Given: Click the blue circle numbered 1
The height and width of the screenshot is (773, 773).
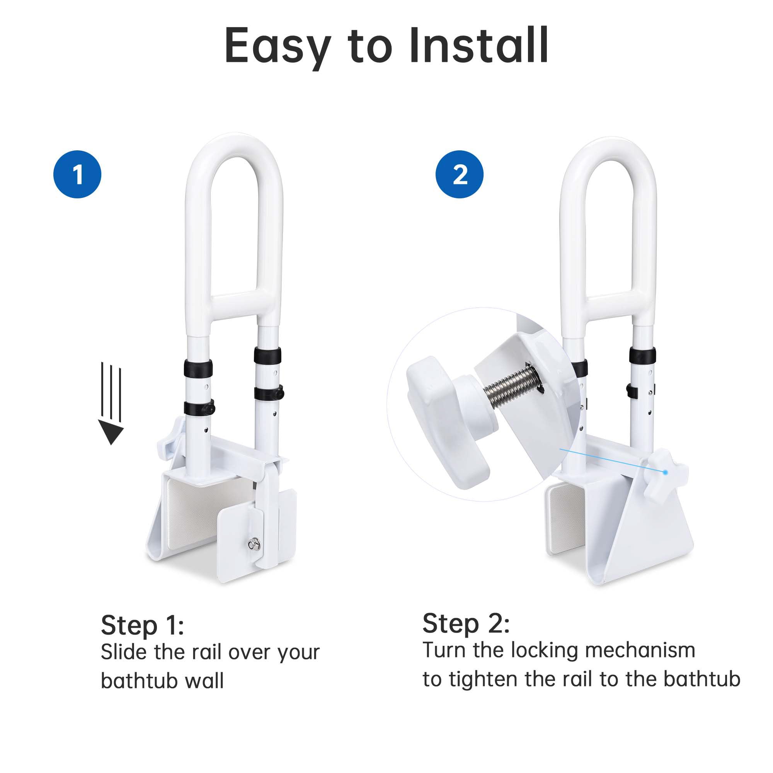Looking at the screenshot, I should click(x=77, y=174).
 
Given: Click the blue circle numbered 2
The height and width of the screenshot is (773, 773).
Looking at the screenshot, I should click(x=459, y=174).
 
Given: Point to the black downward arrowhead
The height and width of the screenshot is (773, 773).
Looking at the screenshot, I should click(x=111, y=432).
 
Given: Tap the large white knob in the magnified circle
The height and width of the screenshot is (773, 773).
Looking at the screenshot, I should click(x=444, y=420).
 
